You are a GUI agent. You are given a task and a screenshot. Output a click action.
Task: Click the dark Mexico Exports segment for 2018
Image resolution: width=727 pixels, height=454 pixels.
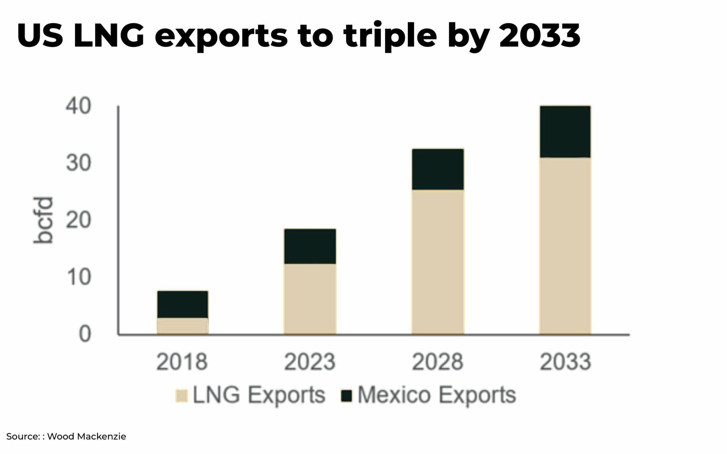point(182,304)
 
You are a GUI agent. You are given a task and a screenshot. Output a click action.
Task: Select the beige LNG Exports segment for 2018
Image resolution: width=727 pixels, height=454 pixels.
point(182,326)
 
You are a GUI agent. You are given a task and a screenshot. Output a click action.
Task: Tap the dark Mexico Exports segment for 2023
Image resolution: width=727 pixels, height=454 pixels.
point(310,246)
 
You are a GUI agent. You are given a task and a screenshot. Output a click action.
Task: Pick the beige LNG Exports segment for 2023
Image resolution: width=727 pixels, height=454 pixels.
point(310,299)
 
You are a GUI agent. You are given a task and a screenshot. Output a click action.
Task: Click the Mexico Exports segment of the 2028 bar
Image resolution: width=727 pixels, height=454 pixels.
point(438,169)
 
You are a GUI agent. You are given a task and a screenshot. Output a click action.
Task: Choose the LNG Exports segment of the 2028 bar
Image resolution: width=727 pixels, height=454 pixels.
point(438,262)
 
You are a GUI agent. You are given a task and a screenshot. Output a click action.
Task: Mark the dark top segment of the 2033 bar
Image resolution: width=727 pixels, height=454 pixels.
point(565,131)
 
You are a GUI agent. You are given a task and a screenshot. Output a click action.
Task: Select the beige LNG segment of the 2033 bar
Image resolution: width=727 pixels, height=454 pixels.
point(565,246)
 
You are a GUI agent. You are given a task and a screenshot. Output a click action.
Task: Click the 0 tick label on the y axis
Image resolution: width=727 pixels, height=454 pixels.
point(84,334)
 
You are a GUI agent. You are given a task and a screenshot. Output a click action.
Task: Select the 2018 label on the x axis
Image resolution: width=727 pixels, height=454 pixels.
point(182,362)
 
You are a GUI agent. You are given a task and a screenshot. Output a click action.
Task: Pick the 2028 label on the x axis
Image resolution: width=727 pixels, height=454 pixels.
point(437,362)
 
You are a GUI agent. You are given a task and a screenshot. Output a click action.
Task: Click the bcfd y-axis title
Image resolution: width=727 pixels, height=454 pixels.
point(43,220)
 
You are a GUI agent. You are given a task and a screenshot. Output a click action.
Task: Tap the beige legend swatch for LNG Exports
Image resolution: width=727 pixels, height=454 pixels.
point(181,396)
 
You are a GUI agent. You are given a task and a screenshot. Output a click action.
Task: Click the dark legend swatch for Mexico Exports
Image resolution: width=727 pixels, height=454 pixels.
point(346,396)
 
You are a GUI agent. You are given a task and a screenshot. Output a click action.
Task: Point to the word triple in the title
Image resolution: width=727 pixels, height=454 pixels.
point(390,36)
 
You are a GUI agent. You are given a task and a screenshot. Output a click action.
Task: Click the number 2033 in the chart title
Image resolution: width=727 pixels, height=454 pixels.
point(540,36)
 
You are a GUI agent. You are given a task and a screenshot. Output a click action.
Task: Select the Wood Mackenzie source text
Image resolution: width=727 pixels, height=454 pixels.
point(86,436)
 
